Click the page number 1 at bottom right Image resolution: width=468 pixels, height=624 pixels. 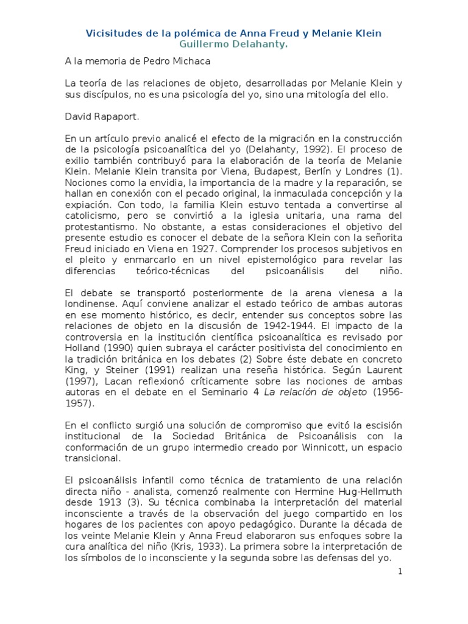point(400,572)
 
